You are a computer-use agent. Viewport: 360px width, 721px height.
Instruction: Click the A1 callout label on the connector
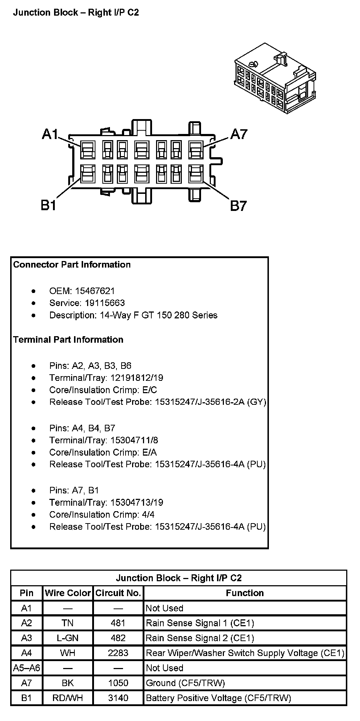(x=50, y=134)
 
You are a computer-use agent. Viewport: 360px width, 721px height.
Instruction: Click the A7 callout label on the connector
(x=239, y=134)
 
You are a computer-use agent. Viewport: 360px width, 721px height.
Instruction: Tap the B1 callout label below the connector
(x=48, y=205)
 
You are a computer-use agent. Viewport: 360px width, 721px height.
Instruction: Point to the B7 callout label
(x=238, y=206)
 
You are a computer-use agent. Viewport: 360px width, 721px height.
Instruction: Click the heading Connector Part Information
(x=72, y=264)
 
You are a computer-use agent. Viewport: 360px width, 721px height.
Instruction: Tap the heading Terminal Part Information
(x=68, y=339)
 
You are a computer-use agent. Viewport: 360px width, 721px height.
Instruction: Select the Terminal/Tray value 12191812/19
(x=136, y=378)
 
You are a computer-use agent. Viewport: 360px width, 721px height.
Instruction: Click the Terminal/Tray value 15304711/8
(x=134, y=440)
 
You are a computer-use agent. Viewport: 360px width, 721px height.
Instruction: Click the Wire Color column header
(x=68, y=593)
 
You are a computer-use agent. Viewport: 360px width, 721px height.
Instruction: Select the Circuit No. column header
(x=118, y=593)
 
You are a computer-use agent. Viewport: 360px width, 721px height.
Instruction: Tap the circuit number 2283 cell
(x=118, y=653)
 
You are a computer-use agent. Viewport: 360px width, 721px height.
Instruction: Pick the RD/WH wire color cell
(x=68, y=698)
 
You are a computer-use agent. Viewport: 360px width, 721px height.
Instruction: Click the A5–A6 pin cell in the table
(x=26, y=668)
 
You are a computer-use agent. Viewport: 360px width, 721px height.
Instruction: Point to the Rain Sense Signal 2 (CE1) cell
(x=200, y=638)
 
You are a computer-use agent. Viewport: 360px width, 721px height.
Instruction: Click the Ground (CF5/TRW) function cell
(x=185, y=683)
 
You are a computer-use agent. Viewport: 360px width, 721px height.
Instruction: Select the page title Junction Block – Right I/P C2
(x=76, y=12)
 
